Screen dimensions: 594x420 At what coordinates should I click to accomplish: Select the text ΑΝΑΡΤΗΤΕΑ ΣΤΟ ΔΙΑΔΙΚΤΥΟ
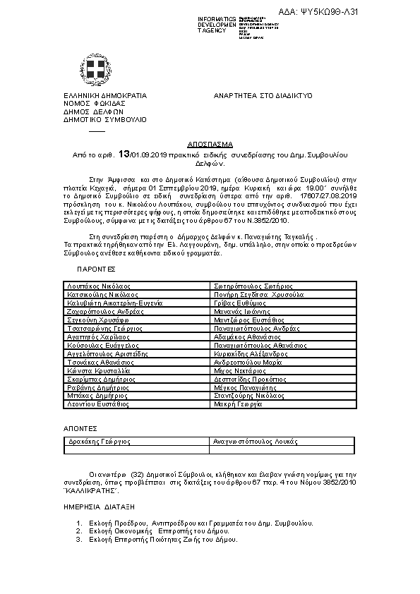point(263,95)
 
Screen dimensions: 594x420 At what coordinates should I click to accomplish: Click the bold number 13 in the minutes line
point(124,153)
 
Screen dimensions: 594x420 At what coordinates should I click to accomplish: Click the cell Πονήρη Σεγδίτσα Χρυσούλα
point(258,294)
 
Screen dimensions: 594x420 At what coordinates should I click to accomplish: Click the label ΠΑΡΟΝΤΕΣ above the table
point(96,269)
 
